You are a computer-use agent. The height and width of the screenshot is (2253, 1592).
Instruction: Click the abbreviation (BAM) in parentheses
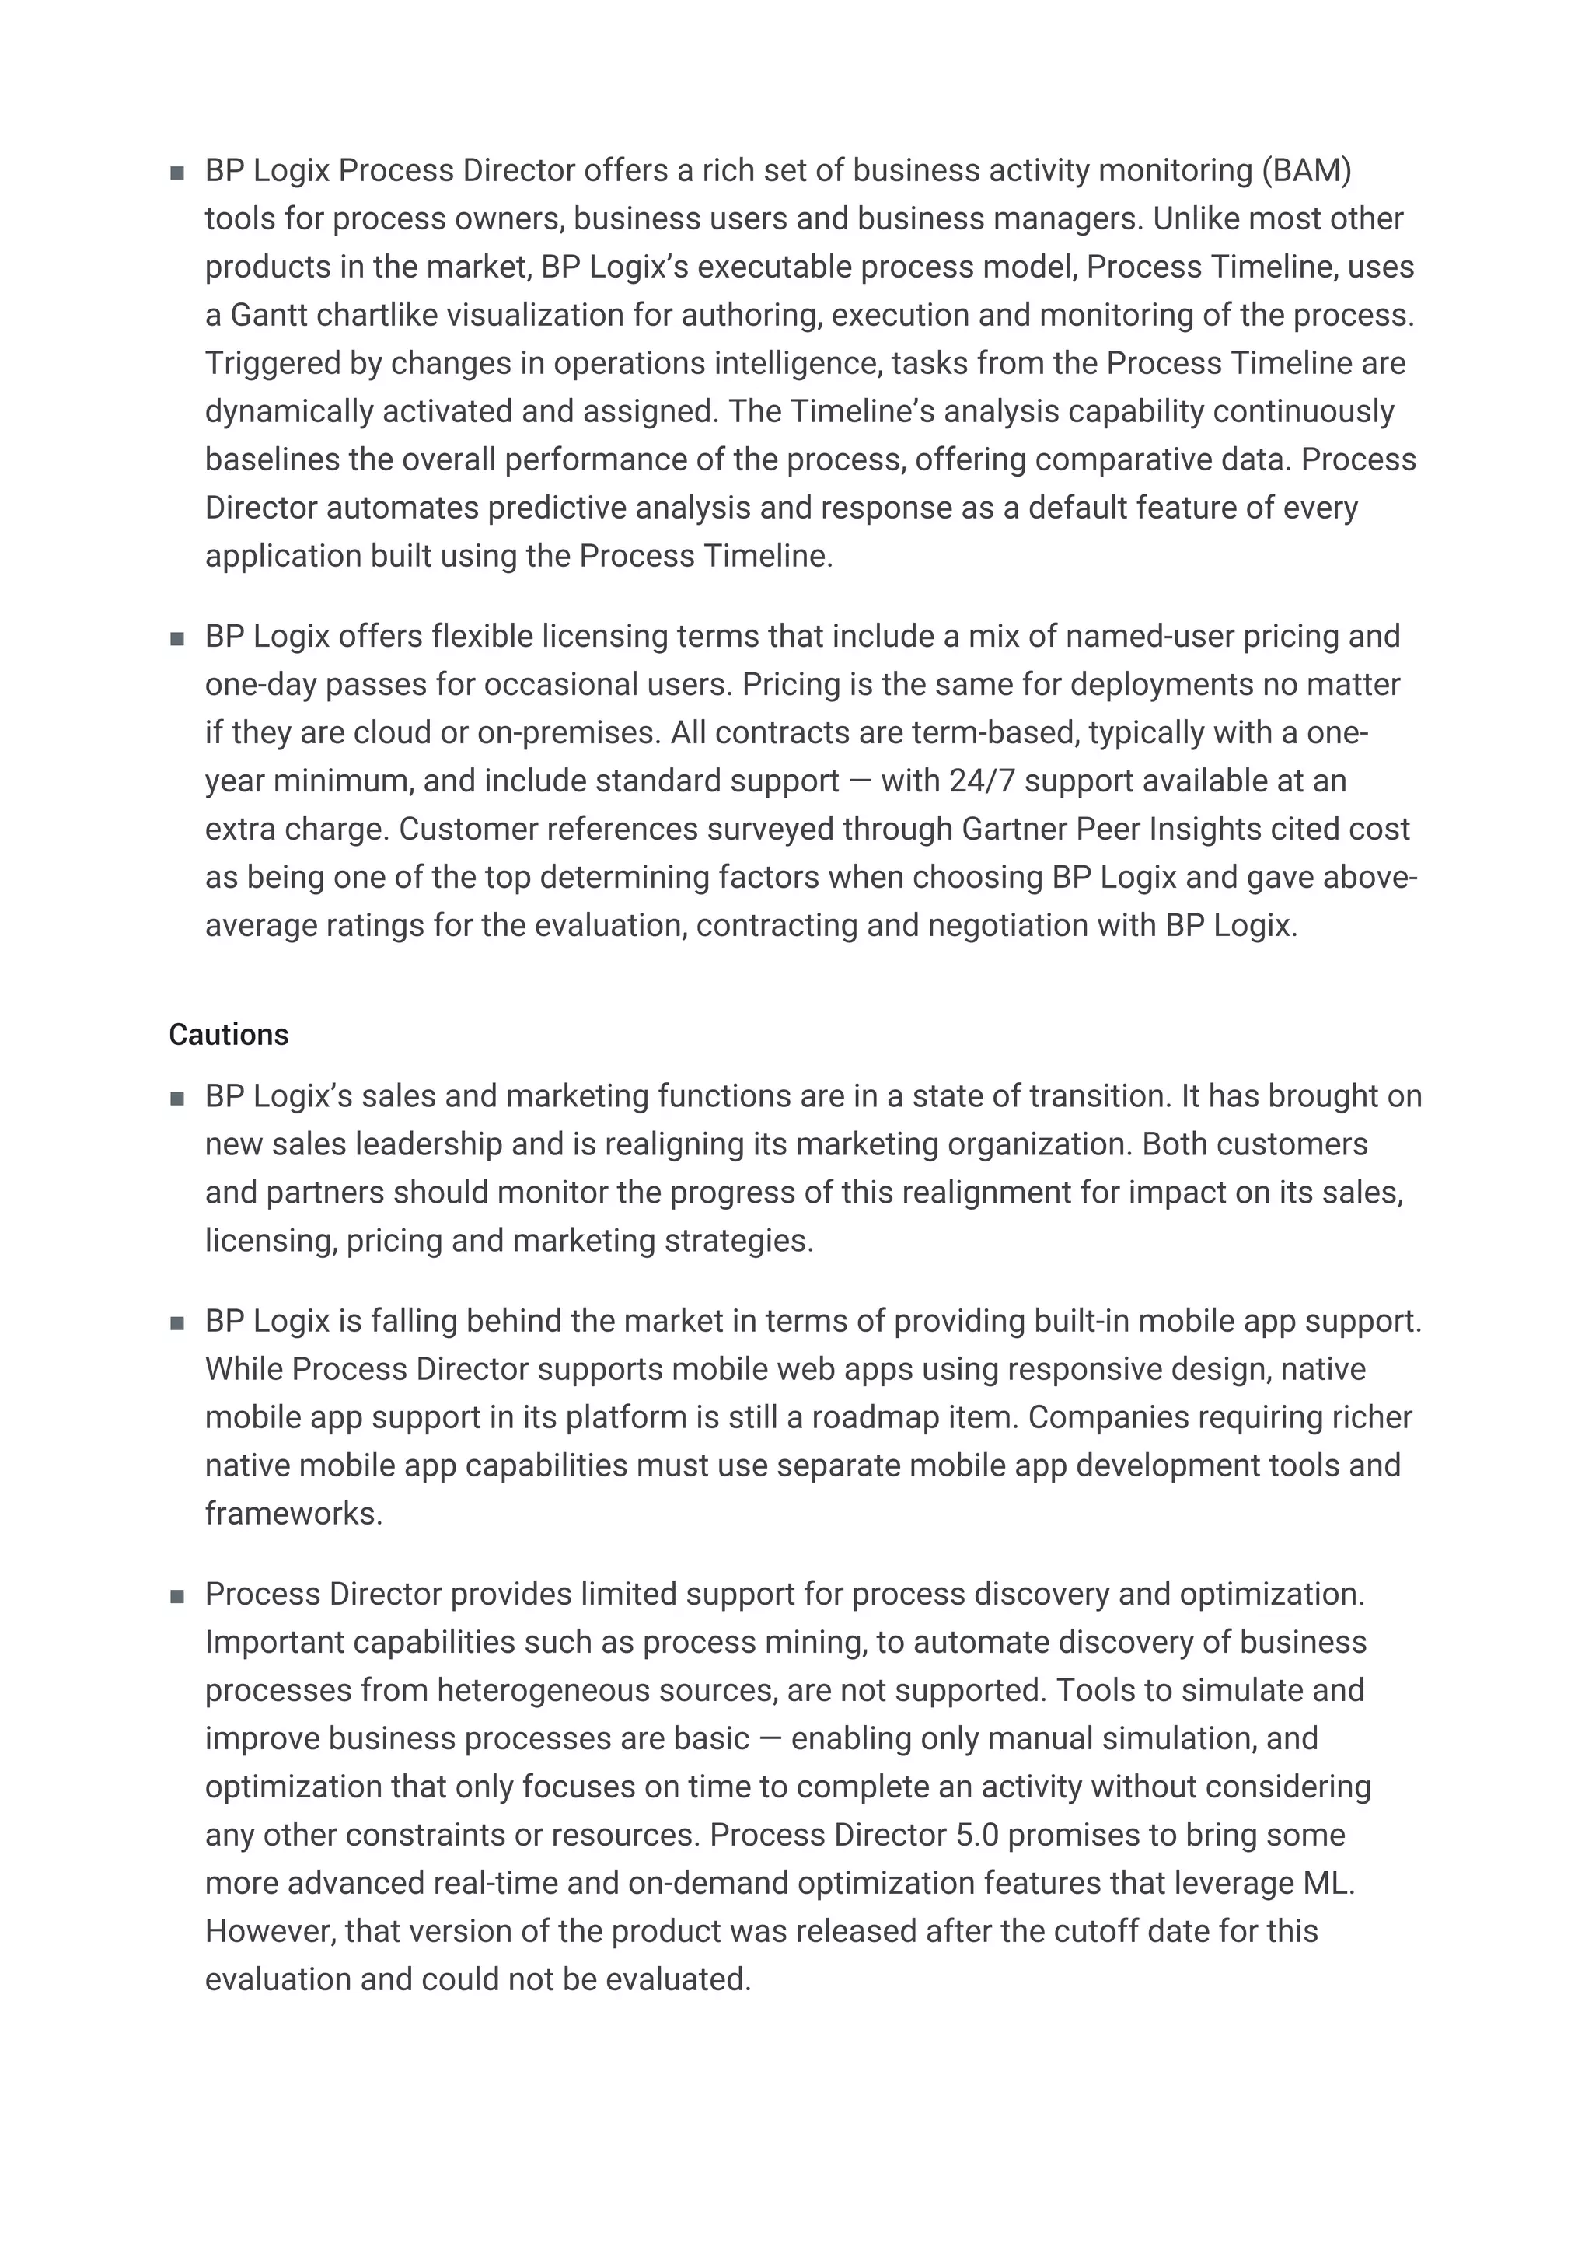coord(1306,171)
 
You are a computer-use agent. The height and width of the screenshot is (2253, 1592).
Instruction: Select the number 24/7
coord(982,781)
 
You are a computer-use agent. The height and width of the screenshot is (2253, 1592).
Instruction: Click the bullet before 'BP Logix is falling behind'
coord(177,1322)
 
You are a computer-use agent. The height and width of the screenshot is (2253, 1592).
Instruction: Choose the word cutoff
coord(1104,1931)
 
